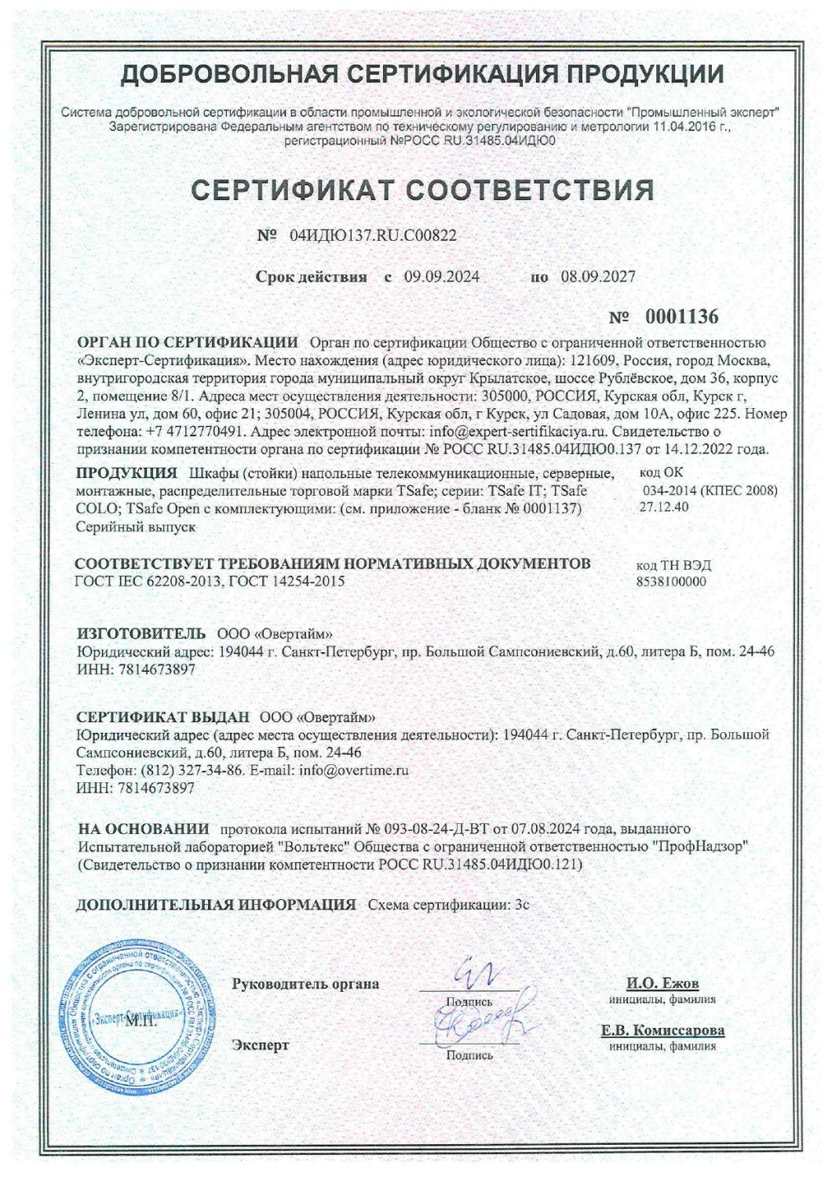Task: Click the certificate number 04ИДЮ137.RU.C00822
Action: tap(373, 235)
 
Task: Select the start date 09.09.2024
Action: tap(442, 277)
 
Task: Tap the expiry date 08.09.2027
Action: tap(598, 277)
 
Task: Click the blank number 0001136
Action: tap(681, 318)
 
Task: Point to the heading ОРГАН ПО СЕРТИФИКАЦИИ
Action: tap(187, 343)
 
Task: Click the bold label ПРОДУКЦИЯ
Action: tap(126, 473)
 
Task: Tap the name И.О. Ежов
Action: tap(662, 984)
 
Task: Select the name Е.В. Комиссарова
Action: tap(662, 1031)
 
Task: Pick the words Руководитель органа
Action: tap(306, 984)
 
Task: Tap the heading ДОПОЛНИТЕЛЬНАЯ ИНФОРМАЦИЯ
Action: tap(216, 905)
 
